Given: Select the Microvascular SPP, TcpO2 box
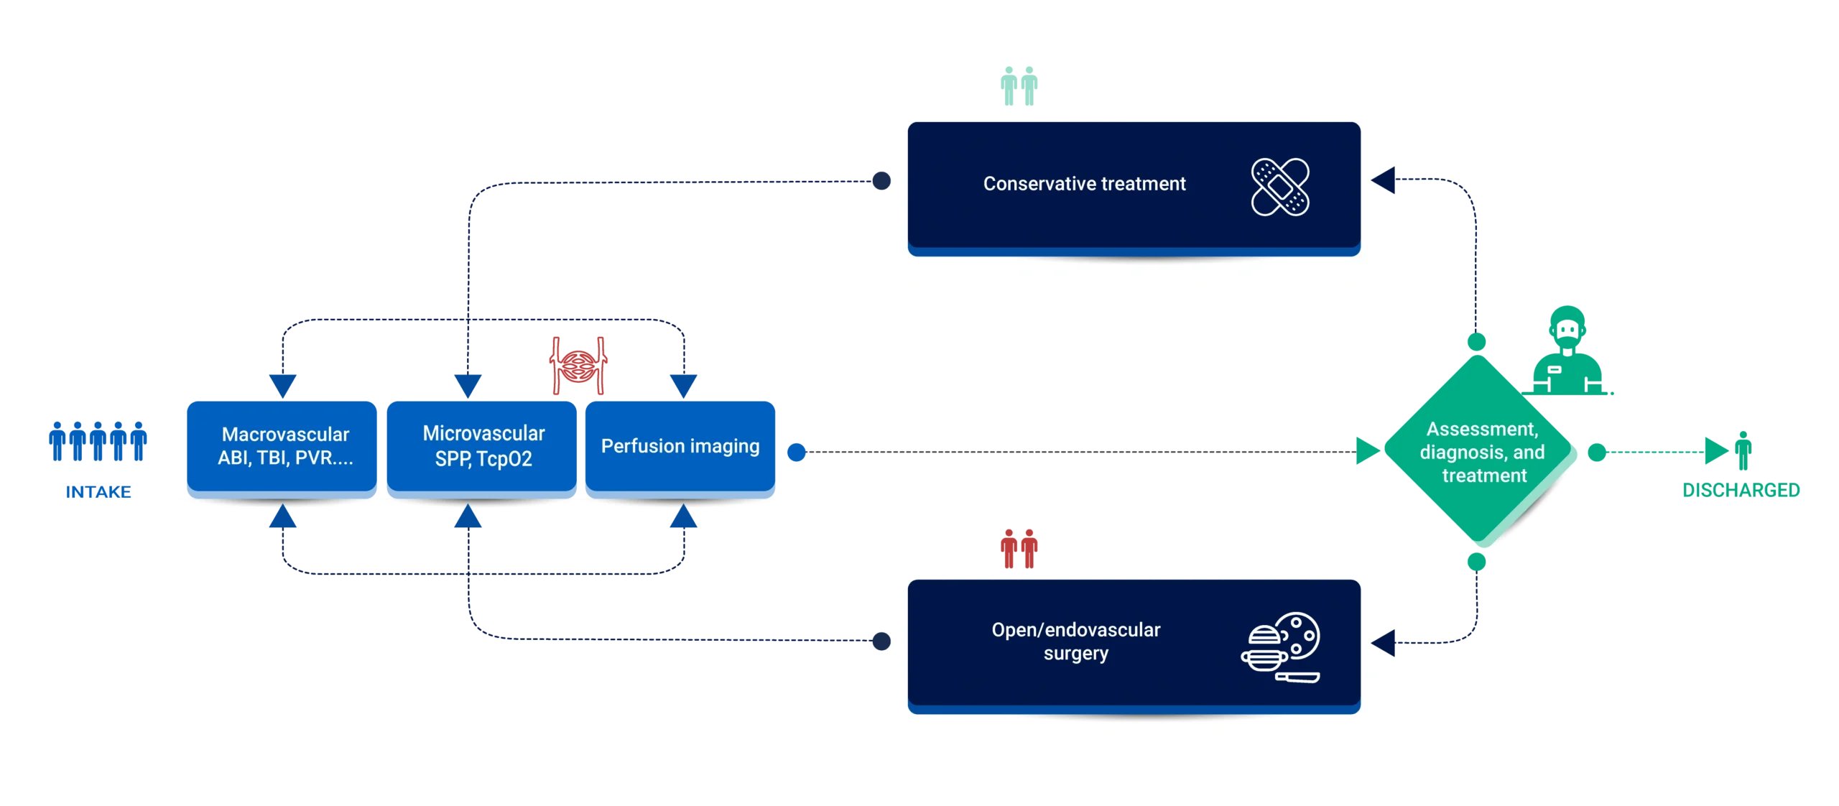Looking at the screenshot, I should (482, 446).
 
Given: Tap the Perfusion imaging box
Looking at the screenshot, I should (680, 446).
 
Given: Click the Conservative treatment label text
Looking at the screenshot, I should (1084, 184).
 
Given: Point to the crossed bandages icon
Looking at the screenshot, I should (1280, 187).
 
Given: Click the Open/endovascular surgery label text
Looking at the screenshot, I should (1075, 641).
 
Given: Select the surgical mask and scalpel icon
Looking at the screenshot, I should (1281, 647).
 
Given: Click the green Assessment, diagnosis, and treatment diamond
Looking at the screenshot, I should (1481, 452).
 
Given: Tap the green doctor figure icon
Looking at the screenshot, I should (1567, 352).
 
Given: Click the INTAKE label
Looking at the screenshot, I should (98, 491).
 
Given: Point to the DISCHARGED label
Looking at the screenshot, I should (1741, 491).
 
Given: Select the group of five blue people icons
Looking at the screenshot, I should (98, 442).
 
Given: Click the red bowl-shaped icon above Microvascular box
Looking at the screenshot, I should (578, 365).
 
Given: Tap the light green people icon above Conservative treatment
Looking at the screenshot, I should (1019, 86).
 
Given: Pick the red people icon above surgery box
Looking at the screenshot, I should (1019, 549).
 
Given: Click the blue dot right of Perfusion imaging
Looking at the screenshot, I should (797, 453).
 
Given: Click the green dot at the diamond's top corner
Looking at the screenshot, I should (1476, 342).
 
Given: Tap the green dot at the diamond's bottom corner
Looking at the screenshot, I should (1476, 561).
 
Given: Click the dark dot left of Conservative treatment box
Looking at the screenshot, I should (880, 181).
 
